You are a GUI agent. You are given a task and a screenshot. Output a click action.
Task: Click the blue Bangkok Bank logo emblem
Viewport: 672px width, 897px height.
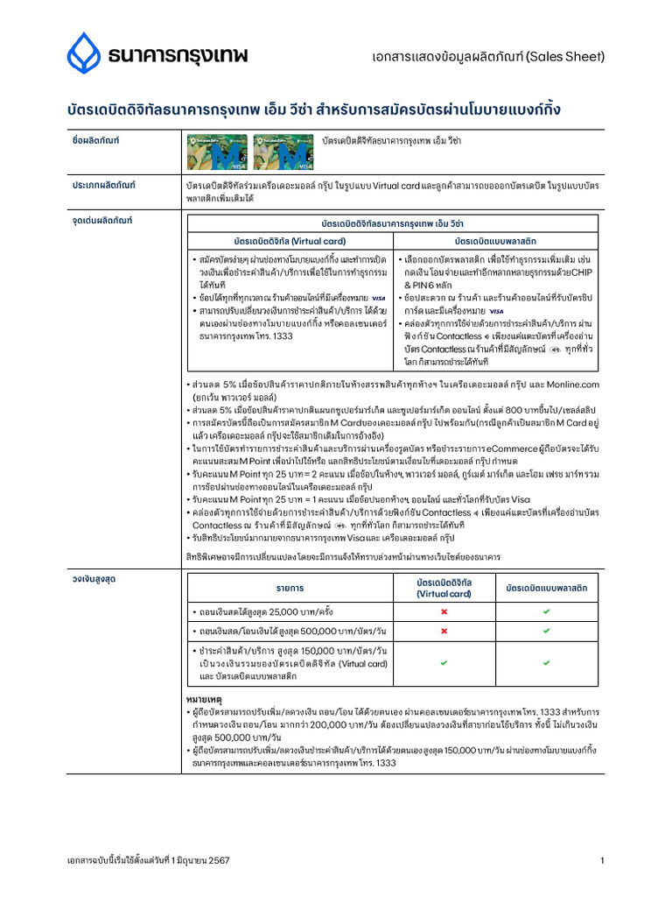pos(84,53)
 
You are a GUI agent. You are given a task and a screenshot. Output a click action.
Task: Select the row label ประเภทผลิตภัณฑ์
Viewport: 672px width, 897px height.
pos(103,186)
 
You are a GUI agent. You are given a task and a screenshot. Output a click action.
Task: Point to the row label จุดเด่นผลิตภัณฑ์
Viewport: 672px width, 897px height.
pos(101,220)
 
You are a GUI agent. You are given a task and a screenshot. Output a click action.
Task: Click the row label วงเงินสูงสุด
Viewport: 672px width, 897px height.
pos(94,578)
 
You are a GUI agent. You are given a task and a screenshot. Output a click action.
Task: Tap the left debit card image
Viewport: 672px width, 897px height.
pos(218,153)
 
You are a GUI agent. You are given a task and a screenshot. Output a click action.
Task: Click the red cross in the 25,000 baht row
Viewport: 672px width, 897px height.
pos(443,610)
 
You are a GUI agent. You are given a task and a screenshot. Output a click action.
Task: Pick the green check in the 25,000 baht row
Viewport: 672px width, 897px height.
pos(546,610)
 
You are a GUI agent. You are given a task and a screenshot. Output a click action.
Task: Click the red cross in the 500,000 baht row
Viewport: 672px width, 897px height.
pos(443,631)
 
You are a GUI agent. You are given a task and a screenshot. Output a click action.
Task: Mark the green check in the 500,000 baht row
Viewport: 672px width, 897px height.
pos(546,631)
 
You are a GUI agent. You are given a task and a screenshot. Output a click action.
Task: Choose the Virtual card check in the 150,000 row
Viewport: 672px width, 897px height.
pos(443,663)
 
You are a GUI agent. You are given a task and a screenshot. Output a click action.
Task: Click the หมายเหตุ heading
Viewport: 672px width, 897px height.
pos(204,700)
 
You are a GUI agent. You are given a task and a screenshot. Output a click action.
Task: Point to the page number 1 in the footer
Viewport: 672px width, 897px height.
pos(602,861)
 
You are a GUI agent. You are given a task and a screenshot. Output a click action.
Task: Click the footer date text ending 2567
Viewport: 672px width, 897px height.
pos(149,861)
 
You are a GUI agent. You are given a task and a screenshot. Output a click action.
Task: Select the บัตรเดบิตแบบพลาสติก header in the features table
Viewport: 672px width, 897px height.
pos(495,240)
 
